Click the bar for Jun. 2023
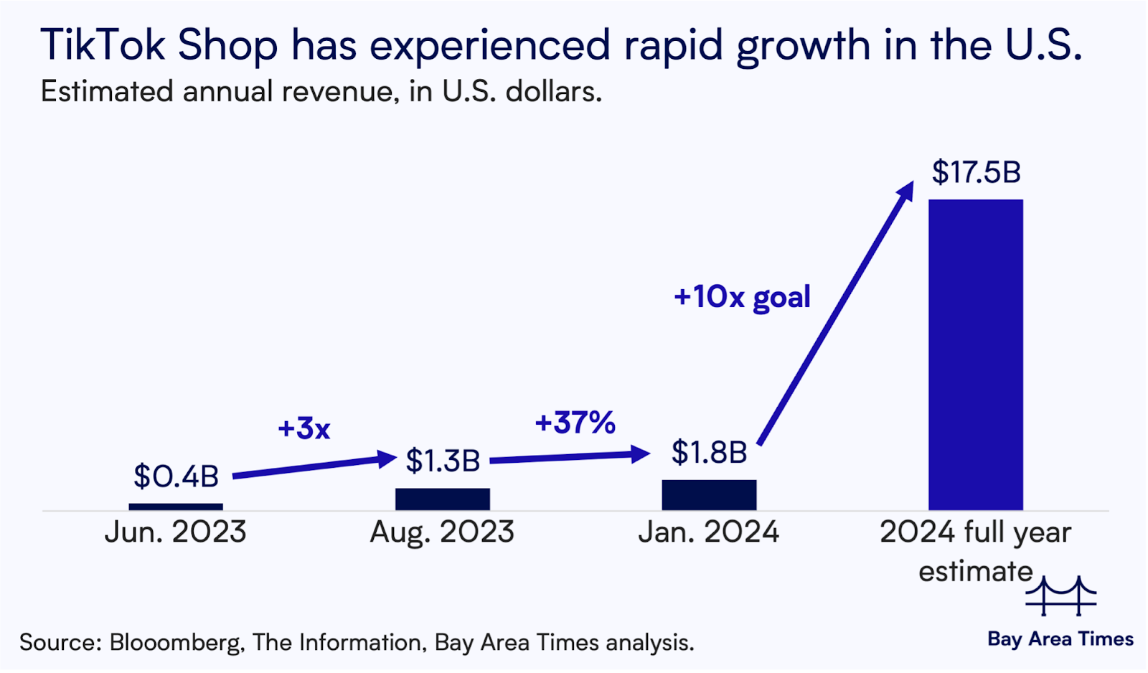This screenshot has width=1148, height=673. (x=176, y=507)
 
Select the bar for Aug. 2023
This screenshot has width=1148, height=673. (x=443, y=499)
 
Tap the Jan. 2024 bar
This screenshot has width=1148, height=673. (x=709, y=495)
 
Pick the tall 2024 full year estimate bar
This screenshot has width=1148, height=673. (x=976, y=355)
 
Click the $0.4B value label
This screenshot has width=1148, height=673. (x=176, y=476)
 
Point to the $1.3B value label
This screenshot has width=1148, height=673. (x=443, y=461)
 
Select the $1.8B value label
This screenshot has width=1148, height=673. (x=709, y=452)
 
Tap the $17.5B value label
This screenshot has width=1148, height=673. (x=976, y=172)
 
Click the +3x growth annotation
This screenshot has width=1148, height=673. (x=304, y=428)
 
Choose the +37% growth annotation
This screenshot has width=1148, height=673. (x=575, y=423)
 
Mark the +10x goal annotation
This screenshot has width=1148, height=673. (x=742, y=297)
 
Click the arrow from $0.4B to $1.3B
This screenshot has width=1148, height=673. (x=314, y=466)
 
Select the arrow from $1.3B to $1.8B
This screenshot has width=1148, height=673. (x=570, y=456)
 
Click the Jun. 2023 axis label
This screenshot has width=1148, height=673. (x=176, y=532)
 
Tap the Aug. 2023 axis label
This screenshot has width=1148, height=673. (x=443, y=532)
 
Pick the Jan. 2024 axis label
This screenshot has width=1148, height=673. (x=709, y=532)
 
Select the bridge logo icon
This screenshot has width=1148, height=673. (x=1060, y=596)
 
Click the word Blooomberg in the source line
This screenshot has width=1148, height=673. (x=176, y=642)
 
